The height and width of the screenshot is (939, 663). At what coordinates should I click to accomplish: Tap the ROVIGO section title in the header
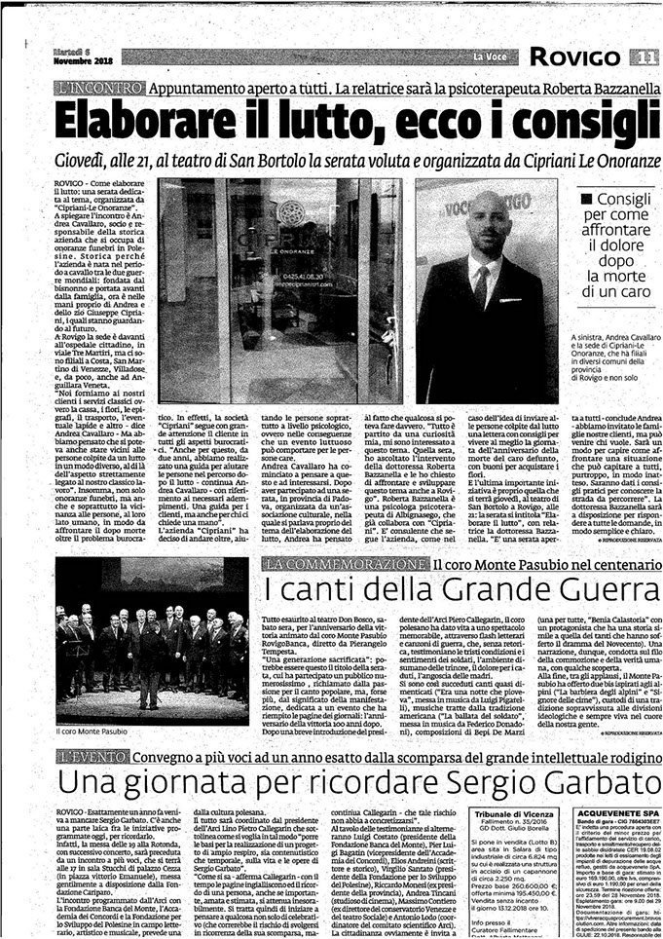click(582, 56)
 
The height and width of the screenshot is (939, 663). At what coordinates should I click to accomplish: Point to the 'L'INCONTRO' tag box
click(95, 89)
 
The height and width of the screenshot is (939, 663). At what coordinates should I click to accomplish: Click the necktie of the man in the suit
click(481, 287)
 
